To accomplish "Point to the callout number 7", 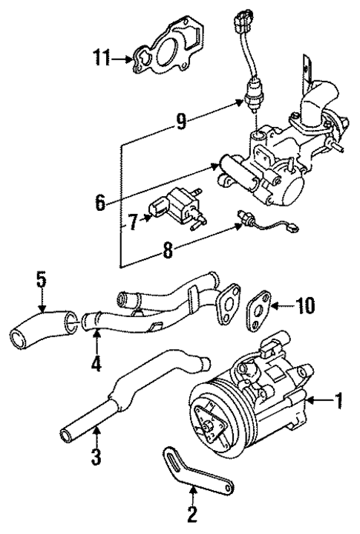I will click(131, 221).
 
